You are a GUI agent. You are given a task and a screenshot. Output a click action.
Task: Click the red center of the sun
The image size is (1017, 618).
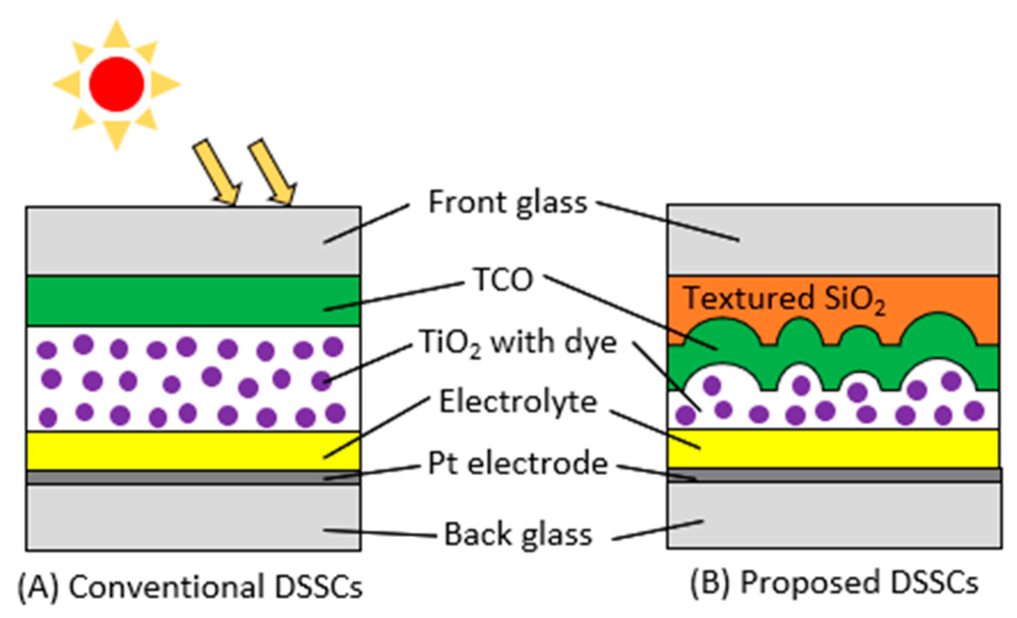pyautogui.click(x=117, y=84)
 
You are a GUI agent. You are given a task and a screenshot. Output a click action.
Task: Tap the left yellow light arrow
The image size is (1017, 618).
pyautogui.click(x=217, y=173)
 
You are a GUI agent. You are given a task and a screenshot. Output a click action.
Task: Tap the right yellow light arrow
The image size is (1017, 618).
pyautogui.click(x=272, y=172)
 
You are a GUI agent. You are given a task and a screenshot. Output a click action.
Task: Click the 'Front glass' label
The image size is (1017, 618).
pyautogui.click(x=508, y=202)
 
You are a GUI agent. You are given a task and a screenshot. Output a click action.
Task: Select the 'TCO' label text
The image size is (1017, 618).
pyautogui.click(x=503, y=280)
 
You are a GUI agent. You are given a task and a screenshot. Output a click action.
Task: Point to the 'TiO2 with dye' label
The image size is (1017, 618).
pyautogui.click(x=518, y=343)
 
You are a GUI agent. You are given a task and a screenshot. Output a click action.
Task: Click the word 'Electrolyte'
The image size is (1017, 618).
pyautogui.click(x=518, y=402)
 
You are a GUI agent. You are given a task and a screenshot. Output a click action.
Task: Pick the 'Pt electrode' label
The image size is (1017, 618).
pyautogui.click(x=518, y=464)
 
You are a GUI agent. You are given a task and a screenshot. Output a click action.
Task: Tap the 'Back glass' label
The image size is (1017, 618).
pyautogui.click(x=518, y=534)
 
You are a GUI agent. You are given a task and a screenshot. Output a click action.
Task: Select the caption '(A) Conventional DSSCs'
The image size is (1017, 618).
pyautogui.click(x=190, y=587)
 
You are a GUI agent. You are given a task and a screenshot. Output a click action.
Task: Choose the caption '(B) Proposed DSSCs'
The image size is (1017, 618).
pyautogui.click(x=834, y=583)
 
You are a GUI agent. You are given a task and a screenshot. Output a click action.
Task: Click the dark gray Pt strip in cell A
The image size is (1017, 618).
pyautogui.click(x=155, y=477)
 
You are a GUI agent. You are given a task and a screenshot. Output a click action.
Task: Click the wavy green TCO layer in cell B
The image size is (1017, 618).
pyautogui.click(x=826, y=361)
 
